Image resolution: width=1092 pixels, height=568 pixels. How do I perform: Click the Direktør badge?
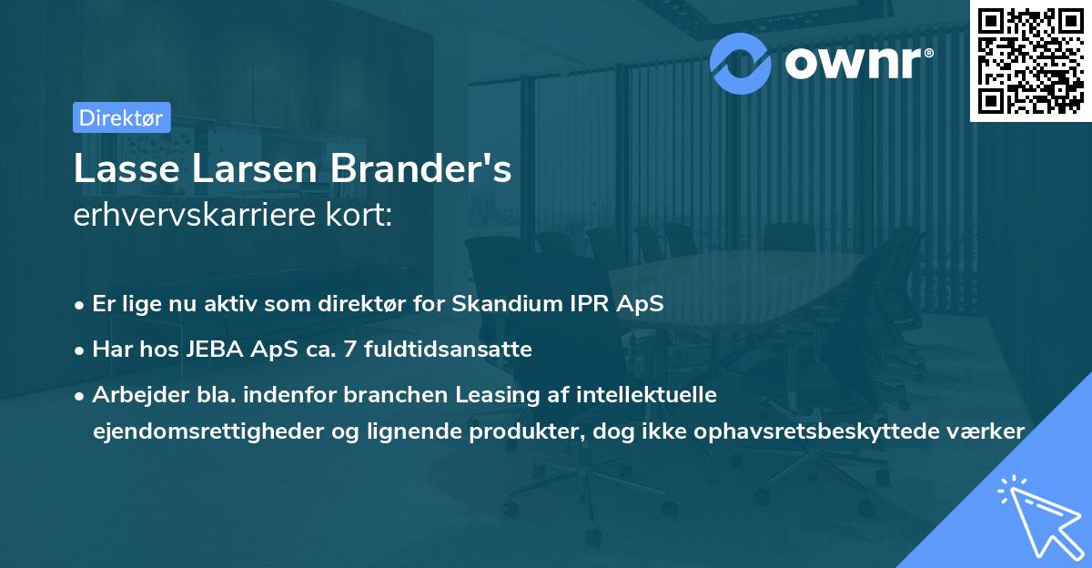point(120,117)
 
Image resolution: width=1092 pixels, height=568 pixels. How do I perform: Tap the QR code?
point(1031,60)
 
